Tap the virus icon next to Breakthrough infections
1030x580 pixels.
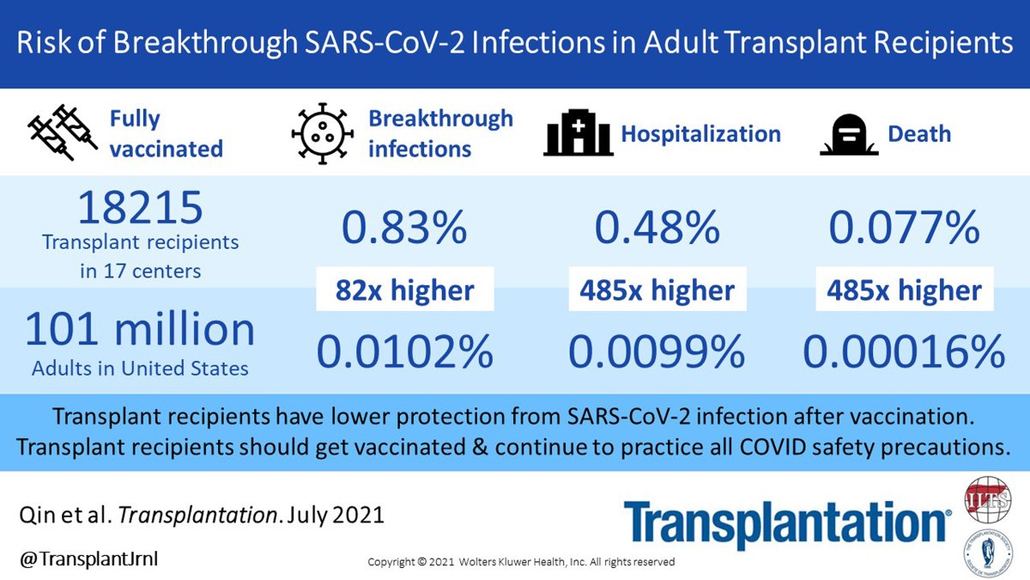pyautogui.click(x=322, y=134)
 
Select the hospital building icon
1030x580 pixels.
pyautogui.click(x=578, y=134)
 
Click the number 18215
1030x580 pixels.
pyautogui.click(x=140, y=209)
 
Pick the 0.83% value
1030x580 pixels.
pyautogui.click(x=404, y=228)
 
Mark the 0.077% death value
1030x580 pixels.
pyautogui.click(x=904, y=228)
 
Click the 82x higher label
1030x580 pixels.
pyautogui.click(x=405, y=290)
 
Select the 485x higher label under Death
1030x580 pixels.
pyautogui.click(x=904, y=290)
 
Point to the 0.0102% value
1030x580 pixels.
pyautogui.click(x=404, y=351)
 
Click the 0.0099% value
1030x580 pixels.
pyautogui.click(x=657, y=351)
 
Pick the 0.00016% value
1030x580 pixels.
pyautogui.click(x=904, y=351)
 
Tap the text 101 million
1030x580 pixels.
pyautogui.click(x=140, y=331)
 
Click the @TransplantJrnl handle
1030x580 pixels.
pyautogui.click(x=88, y=559)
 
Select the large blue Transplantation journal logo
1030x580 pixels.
pyautogui.click(x=786, y=523)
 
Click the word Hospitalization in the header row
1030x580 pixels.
pyautogui.click(x=700, y=134)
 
